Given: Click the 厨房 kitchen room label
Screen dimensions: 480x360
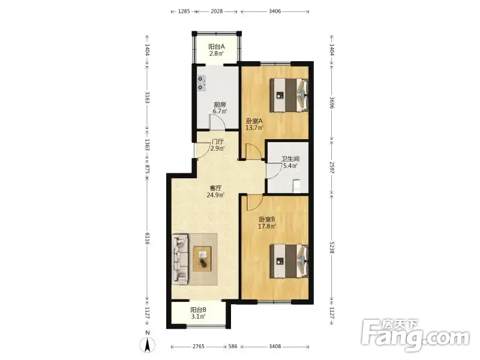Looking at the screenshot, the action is [x=220, y=104].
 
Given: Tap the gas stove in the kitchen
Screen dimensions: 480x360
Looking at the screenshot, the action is [x=201, y=83].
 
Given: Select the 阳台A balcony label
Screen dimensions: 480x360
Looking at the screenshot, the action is [x=217, y=47].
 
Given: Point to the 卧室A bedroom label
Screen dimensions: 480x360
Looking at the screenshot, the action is [x=254, y=121].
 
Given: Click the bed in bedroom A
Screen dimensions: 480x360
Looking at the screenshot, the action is [x=289, y=95].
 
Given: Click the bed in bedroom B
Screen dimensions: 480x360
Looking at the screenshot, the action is [x=289, y=261].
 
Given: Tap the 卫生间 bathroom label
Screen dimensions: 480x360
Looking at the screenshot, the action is [x=290, y=159].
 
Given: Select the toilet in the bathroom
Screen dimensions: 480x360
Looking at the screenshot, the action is [x=296, y=186].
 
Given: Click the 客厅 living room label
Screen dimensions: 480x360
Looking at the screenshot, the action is [x=215, y=188].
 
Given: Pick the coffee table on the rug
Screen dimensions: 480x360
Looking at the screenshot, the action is [x=202, y=259].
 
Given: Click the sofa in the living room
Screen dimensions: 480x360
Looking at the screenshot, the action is [x=180, y=259].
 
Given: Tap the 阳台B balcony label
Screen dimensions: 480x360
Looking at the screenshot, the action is [x=198, y=310].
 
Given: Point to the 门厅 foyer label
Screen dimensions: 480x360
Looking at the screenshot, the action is [x=218, y=142].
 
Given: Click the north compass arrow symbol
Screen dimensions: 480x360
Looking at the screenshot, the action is [x=147, y=346].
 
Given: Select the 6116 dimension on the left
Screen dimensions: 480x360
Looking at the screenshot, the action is [x=147, y=238].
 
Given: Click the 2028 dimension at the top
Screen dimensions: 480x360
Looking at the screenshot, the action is [x=217, y=11].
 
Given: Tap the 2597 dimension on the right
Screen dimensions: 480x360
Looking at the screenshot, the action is [x=332, y=167].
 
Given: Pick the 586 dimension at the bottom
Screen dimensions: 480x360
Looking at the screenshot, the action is [x=233, y=347].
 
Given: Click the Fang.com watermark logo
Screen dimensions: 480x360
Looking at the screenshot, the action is [x=415, y=335].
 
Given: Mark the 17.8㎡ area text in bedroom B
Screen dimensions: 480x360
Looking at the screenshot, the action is [x=267, y=227].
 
